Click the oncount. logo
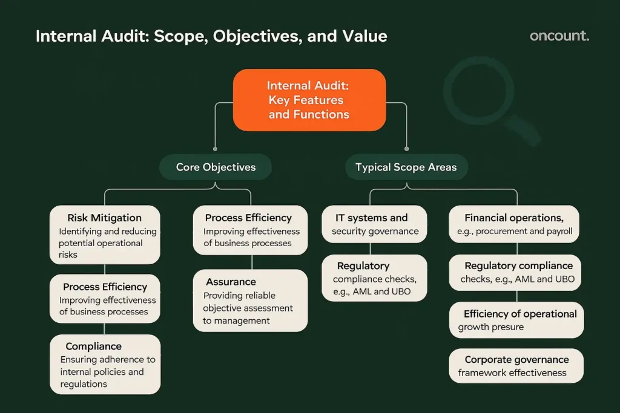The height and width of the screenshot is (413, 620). pos(559,36)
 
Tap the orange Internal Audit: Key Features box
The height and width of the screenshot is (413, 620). pos(309,100)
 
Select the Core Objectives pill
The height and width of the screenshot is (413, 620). pos(216,167)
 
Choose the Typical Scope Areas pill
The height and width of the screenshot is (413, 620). pos(406,167)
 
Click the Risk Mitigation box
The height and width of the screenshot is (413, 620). pos(105,235)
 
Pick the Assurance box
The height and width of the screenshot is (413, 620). pos(250,301)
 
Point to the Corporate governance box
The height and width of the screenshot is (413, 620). pos(516,366)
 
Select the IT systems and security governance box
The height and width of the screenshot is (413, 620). pos(374,224)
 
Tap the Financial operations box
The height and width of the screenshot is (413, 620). pos(513,224)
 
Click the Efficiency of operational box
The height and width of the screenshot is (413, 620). pos(516,320)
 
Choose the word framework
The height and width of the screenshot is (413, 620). pos(482,372)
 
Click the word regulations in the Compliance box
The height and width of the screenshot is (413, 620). pos(84,384)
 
